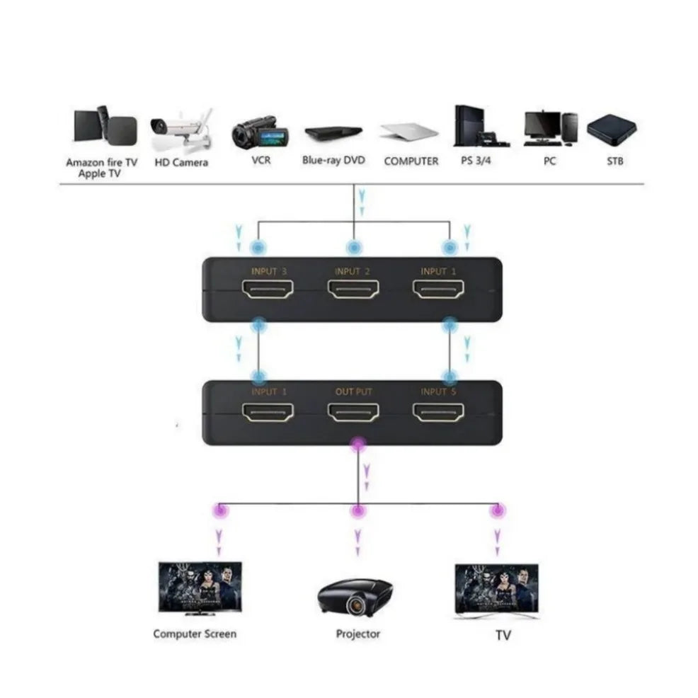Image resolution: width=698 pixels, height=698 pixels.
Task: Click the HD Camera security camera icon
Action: tap(180, 132)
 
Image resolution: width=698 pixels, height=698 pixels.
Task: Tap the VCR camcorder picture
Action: tap(261, 131)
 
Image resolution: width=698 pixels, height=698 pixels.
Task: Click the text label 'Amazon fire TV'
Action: tap(102, 162)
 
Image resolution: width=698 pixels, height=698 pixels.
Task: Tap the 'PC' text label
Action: tap(550, 161)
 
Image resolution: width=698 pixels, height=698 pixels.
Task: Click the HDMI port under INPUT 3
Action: tap(268, 289)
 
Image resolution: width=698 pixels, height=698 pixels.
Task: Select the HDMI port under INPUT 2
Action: tap(353, 289)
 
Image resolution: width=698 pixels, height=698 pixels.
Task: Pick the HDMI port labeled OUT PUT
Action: tap(353, 413)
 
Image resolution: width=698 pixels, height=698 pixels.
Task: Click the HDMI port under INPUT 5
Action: tap(439, 413)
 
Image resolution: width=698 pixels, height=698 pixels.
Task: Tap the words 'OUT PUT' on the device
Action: tap(353, 391)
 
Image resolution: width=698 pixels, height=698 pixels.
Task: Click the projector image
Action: tap(356, 595)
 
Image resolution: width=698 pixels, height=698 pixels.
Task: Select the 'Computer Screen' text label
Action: tap(195, 634)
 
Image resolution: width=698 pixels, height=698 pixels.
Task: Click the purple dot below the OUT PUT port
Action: tap(358, 444)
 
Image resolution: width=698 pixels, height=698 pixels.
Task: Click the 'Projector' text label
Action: tap(357, 634)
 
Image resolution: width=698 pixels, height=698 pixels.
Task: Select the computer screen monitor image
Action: tap(200, 586)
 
